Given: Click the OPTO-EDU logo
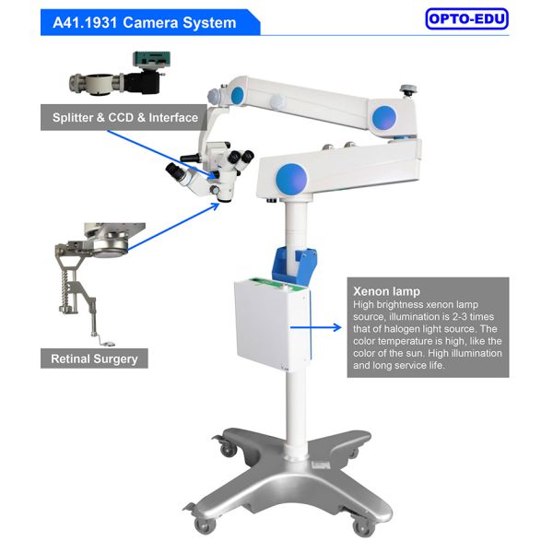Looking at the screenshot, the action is tap(466, 18).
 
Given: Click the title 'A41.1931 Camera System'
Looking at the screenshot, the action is tap(145, 23).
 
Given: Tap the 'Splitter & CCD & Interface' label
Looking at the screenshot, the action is tap(125, 117).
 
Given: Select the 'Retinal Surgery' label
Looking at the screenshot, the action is tap(95, 359).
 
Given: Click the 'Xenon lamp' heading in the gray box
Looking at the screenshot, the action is tap(386, 291).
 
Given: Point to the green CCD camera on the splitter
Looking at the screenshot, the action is tap(151, 59).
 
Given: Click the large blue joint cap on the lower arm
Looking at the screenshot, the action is tap(291, 179).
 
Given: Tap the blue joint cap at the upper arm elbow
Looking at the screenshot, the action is tap(384, 118).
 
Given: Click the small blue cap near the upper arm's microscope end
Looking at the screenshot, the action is tap(237, 95).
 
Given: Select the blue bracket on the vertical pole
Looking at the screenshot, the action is tap(295, 265).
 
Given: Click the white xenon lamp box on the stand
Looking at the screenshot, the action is tap(273, 323).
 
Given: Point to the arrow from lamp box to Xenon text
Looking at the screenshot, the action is tap(315, 327).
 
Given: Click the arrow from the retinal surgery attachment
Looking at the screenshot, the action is tap(173, 227).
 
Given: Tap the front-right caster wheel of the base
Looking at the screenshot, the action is tap(364, 528).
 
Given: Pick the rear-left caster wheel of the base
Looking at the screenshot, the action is tap(229, 449).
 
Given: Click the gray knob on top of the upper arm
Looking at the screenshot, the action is tap(409, 90).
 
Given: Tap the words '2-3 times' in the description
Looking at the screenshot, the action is tap(473, 316).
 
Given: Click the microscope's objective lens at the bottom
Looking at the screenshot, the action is tap(225, 199).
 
